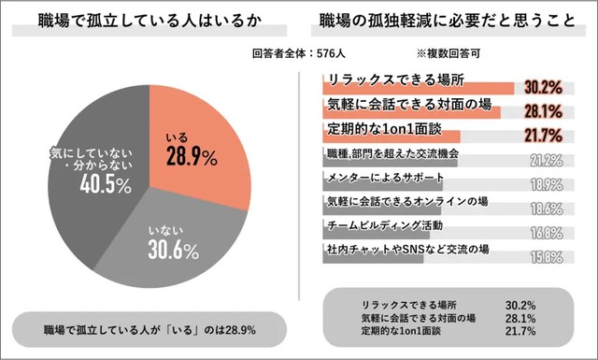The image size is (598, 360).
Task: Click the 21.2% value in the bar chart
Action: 543,159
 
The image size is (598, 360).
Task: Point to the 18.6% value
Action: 543,208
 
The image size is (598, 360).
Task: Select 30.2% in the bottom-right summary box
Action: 520,305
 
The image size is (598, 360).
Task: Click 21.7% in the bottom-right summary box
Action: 520,331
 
